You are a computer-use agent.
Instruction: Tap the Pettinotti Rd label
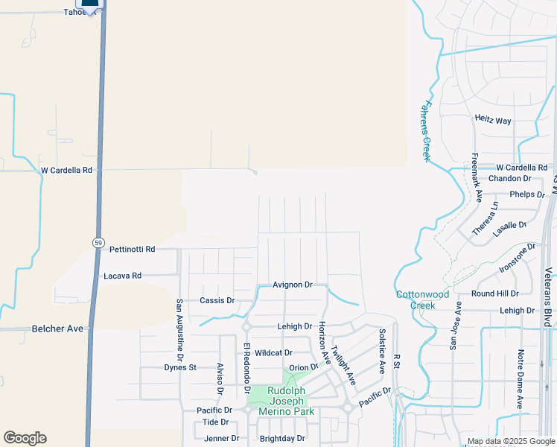click(130, 249)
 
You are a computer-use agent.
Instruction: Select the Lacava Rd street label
click(123, 276)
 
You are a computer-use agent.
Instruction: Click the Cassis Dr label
click(217, 300)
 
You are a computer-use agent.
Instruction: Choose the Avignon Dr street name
click(292, 285)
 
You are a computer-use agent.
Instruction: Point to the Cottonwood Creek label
click(422, 299)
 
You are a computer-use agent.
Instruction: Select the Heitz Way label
click(493, 120)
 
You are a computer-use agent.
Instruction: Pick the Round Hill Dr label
click(494, 294)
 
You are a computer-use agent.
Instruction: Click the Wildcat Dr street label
click(273, 352)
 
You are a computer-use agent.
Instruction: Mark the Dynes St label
click(180, 367)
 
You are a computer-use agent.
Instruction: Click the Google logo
click(25, 438)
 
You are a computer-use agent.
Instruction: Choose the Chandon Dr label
click(509, 179)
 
